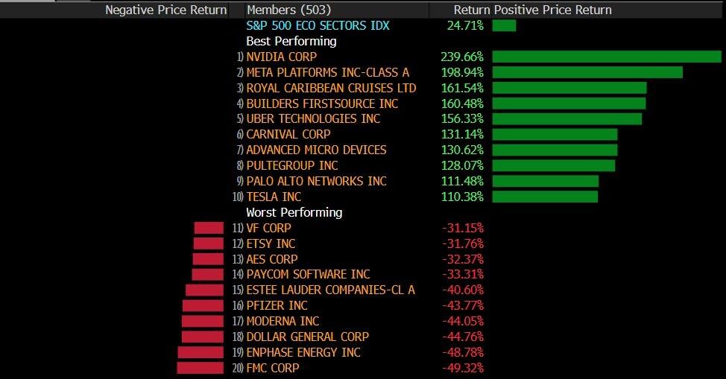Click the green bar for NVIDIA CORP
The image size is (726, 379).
(607, 57)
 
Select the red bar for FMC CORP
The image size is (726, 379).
(200, 368)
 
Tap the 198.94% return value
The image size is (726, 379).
(462, 72)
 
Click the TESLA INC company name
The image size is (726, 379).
(274, 197)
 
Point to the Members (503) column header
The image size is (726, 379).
(288, 10)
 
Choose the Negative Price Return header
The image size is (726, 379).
(166, 10)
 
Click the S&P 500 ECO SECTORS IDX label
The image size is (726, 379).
(318, 25)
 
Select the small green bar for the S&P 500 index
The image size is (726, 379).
(504, 25)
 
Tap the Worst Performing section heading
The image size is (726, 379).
(294, 212)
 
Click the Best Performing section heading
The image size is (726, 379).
(291, 41)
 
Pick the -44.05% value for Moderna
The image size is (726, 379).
(463, 321)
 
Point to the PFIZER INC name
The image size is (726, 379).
(277, 305)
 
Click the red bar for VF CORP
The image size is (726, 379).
(209, 228)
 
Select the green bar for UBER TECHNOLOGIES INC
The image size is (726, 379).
(566, 119)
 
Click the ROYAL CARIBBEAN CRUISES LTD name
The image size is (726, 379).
(331, 88)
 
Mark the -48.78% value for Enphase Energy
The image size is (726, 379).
(463, 352)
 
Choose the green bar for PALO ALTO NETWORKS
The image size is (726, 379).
(545, 181)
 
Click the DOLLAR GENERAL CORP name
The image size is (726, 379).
(307, 337)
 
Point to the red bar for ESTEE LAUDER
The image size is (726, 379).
(204, 290)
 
